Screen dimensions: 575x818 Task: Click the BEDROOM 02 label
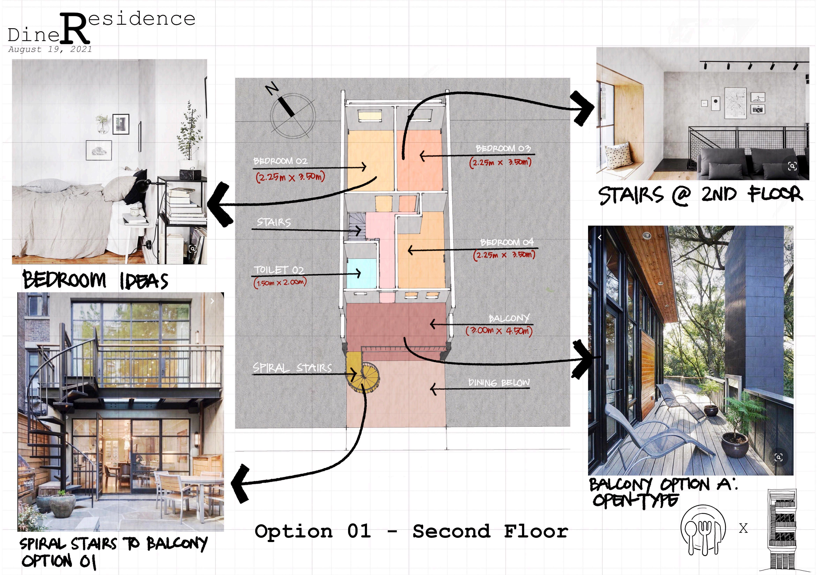tap(280, 161)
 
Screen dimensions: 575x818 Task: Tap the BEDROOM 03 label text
tap(503, 148)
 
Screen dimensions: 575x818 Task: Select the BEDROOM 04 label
tap(507, 242)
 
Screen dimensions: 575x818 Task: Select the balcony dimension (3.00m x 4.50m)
tap(499, 331)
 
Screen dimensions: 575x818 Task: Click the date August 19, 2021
tap(50, 49)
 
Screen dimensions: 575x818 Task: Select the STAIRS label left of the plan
tap(274, 222)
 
